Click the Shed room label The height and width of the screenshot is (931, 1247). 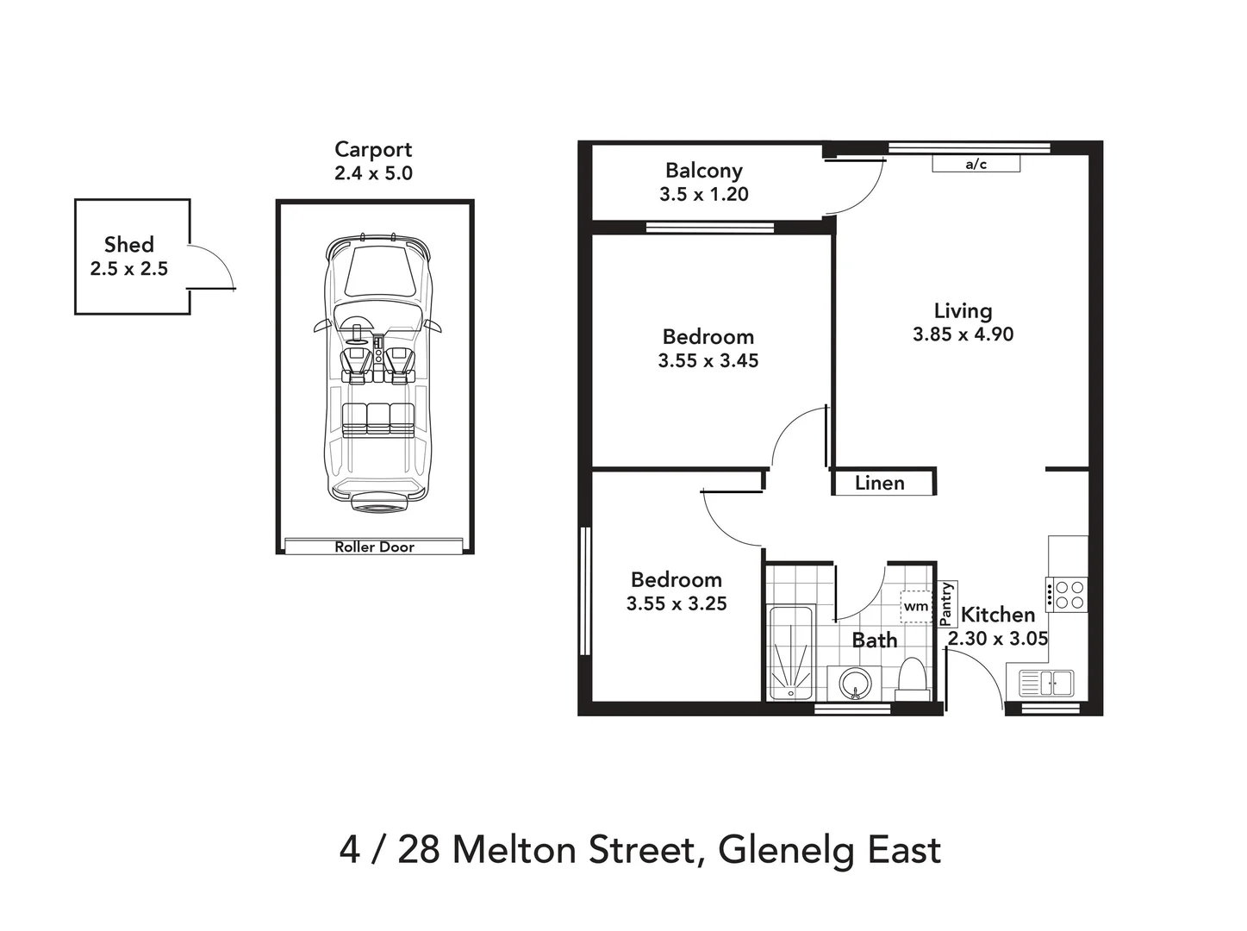128,245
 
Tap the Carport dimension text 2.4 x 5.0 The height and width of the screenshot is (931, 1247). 373,173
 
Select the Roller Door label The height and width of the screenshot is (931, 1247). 374,547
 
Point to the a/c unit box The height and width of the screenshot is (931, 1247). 976,164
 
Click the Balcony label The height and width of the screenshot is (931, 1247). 703,171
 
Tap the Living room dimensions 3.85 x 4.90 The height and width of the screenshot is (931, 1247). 963,334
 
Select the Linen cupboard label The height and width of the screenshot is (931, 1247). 880,483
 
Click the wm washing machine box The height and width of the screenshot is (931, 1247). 916,606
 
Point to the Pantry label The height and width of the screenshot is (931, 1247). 946,603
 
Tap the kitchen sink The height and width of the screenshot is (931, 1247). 1046,684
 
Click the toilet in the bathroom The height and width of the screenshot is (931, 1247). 912,678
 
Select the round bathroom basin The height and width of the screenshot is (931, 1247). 854,684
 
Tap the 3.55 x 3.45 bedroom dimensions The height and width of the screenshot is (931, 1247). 708,361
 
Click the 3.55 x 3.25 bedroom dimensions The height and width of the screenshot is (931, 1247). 676,604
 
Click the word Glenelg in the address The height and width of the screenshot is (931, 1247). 786,850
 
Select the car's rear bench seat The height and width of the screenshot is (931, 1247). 378,419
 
